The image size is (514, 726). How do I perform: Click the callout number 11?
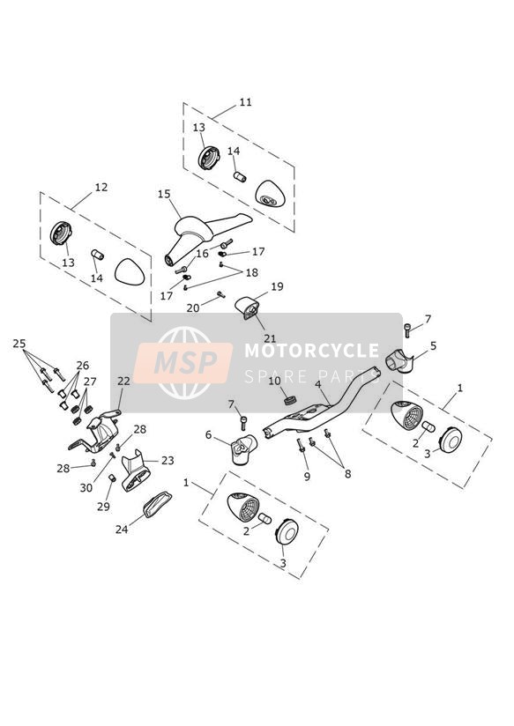pyautogui.click(x=245, y=102)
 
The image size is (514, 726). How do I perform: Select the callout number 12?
pyautogui.click(x=101, y=187)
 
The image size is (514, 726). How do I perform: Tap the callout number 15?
pyautogui.click(x=164, y=195)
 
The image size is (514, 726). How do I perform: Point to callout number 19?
pyautogui.click(x=277, y=286)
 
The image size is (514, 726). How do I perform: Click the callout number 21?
pyautogui.click(x=270, y=339)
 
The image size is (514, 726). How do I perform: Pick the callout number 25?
pyautogui.click(x=19, y=344)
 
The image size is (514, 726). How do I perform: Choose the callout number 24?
pyautogui.click(x=122, y=530)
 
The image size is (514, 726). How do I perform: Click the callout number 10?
pyautogui.click(x=274, y=381)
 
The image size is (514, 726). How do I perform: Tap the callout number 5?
pyautogui.click(x=434, y=346)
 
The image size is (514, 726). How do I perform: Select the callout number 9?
pyautogui.click(x=307, y=477)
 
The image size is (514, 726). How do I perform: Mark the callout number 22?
pyautogui.click(x=123, y=381)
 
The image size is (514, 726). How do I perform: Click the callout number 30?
pyautogui.click(x=86, y=487)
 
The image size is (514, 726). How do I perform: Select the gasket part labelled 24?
pyautogui.click(x=157, y=505)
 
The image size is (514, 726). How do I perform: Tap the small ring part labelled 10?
pyautogui.click(x=291, y=400)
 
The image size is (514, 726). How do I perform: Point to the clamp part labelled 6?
pyautogui.click(x=244, y=448)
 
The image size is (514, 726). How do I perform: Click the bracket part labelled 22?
pyautogui.click(x=96, y=431)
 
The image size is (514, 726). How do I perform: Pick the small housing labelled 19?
pyautogui.click(x=246, y=308)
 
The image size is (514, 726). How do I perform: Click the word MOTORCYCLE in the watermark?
pyautogui.click(x=312, y=351)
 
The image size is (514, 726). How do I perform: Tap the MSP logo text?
pyautogui.click(x=185, y=362)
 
